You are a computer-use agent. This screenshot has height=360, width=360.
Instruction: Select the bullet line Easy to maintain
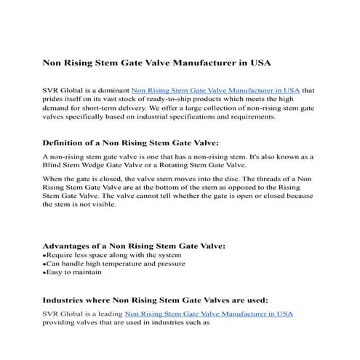pyautogui.click(x=73, y=273)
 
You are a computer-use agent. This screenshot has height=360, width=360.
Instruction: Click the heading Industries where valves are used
pyautogui.click(x=155, y=299)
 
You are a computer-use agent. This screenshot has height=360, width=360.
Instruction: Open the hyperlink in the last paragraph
pyautogui.click(x=209, y=313)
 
